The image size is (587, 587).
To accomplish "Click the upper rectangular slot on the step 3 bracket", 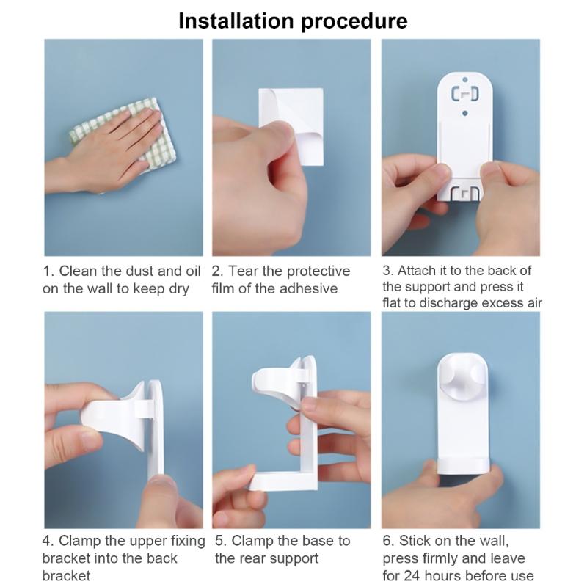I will tap(464, 94).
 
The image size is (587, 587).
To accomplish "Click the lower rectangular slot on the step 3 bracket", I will tap(464, 193).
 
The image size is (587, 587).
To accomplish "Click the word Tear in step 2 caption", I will tap(244, 271).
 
